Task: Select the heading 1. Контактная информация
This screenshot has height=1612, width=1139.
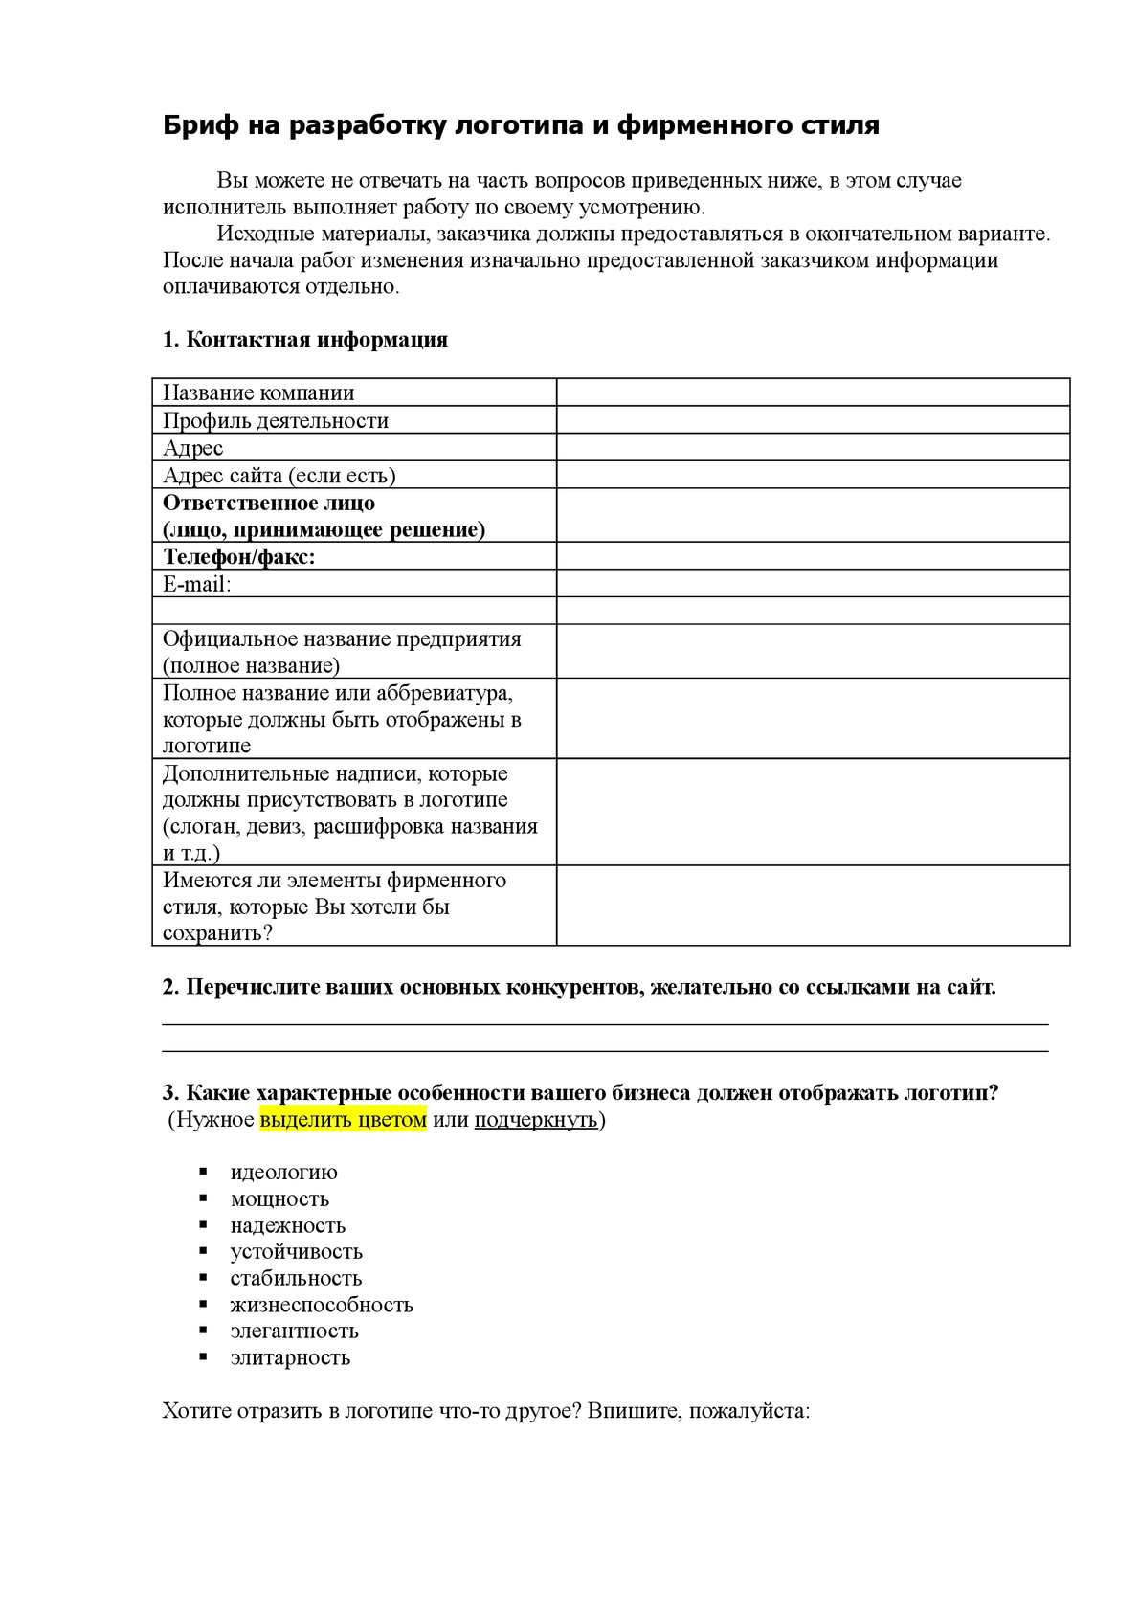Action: tap(305, 340)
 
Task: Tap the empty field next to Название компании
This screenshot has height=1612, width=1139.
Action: tap(813, 392)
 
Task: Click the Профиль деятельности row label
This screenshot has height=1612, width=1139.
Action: tap(276, 420)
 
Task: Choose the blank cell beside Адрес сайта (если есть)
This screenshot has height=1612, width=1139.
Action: tap(813, 475)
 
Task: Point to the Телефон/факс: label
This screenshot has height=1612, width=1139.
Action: tap(239, 557)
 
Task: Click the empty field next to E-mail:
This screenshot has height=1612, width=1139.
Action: tap(813, 584)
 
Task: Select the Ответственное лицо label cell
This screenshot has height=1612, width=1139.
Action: tap(324, 516)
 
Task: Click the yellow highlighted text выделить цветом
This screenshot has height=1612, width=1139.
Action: tap(343, 1120)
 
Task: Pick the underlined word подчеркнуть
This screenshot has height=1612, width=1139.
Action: tap(536, 1120)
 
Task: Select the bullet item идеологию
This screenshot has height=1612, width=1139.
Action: tap(283, 1173)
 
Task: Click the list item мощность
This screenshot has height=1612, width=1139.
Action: tap(279, 1199)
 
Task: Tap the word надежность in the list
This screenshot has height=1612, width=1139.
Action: tap(287, 1226)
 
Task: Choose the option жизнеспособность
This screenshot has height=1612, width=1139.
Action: tap(322, 1305)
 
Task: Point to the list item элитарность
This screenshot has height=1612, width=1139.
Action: tap(290, 1357)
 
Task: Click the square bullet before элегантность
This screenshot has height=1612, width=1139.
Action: tap(203, 1331)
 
